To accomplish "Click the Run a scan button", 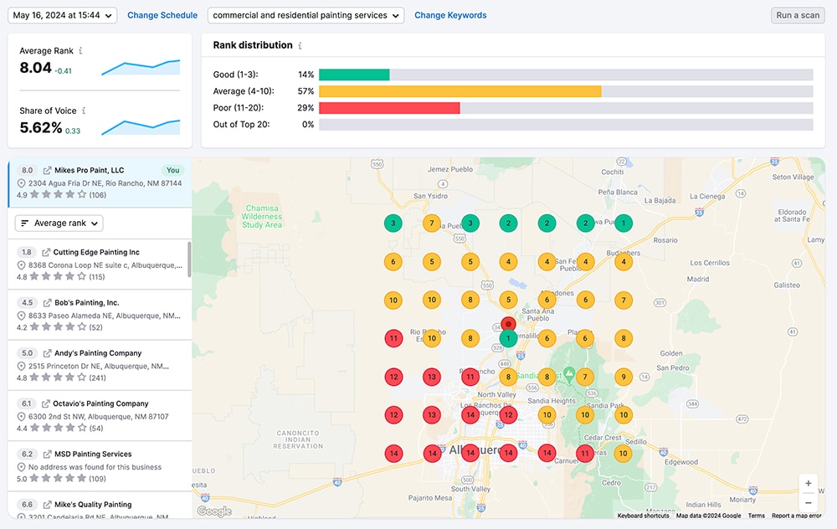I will coord(797,15).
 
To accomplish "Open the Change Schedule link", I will coord(162,15).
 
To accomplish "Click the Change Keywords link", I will coord(450,15).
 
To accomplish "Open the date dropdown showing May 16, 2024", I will coord(63,15).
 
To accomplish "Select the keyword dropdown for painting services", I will coord(306,15).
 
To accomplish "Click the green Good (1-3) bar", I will coord(354,74).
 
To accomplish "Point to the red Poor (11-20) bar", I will coord(389,108).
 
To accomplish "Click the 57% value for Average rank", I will coord(306,91).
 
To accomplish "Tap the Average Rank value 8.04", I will coord(36,69).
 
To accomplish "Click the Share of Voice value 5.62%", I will coord(41,128).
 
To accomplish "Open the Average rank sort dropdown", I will coord(59,223).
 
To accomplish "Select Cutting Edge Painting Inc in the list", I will coord(96,252).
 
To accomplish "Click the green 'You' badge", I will coord(173,170).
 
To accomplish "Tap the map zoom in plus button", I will coord(808,484).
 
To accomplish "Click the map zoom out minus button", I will coord(808,503).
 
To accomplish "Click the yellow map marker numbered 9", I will coord(623,377).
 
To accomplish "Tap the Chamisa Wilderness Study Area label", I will coord(262,217).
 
